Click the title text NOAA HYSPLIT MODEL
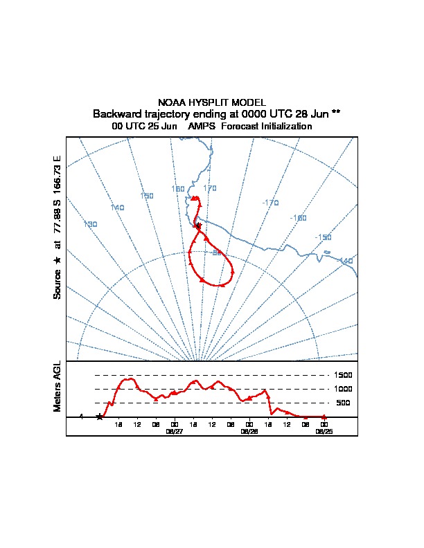pos(212,102)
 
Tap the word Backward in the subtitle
pos(115,113)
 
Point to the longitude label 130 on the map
pos(90,224)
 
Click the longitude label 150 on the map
pos(147,196)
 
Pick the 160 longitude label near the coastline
pos(178,189)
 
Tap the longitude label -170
pos(270,203)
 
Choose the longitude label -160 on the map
pos(298,218)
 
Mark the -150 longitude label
pos(323,237)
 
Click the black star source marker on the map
pos(198,226)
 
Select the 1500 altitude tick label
pos(344,375)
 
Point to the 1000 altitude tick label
pos(344,389)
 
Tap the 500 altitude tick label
pos(343,403)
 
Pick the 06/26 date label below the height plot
pos(249,431)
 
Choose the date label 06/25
pos(324,431)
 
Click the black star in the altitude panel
pos(99,417)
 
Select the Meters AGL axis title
pos(58,386)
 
